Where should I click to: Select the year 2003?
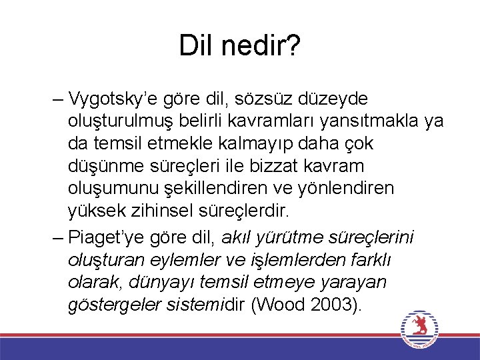pos(335,305)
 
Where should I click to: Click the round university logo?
pos(421,329)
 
